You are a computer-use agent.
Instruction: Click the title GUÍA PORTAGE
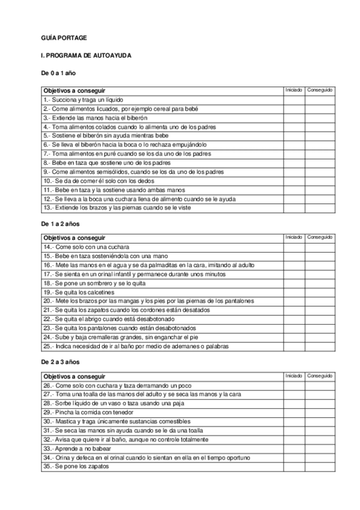[x=63, y=38]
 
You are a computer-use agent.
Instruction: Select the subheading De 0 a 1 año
[x=58, y=73]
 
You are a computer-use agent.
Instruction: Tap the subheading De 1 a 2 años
[x=60, y=223]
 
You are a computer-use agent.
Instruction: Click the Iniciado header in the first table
[x=293, y=90]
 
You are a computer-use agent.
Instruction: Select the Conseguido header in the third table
[x=319, y=376]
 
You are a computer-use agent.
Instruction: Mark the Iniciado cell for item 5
[x=293, y=137]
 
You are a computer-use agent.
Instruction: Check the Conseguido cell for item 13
[x=319, y=207]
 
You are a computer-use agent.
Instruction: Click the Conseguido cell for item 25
[x=319, y=346]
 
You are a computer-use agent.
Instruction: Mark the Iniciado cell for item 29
[x=293, y=412]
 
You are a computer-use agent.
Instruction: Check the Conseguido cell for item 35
[x=319, y=467]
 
